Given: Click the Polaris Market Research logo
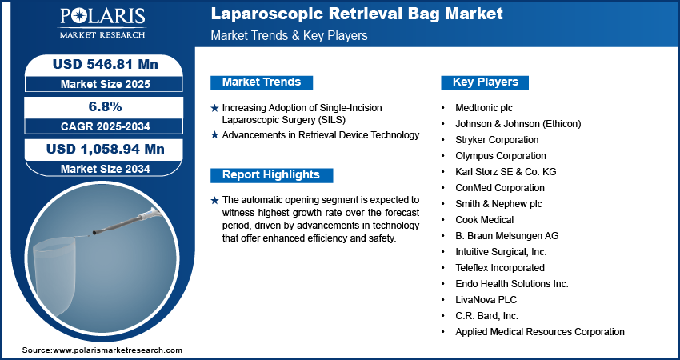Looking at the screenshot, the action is (102, 23).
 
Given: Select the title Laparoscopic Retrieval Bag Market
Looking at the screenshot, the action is (357, 14).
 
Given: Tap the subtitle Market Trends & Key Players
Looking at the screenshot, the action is (289, 35).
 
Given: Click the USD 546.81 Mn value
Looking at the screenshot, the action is (106, 64).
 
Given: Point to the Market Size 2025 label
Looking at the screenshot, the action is (106, 84).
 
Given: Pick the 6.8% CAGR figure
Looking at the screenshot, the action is (106, 106).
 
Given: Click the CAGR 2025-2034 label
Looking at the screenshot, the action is (106, 126).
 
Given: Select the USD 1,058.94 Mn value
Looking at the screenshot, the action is (106, 150).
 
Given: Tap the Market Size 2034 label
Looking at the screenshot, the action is (106, 169).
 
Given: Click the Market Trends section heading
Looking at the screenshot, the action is (262, 82).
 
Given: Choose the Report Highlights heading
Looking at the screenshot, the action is (271, 175).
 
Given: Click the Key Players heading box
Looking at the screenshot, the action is (485, 82).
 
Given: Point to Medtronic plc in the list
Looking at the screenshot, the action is (484, 107).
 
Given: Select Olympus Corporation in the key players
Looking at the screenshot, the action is (501, 156).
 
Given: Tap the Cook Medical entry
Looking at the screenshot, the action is (485, 220).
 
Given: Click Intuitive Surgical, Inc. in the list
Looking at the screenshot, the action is (501, 252).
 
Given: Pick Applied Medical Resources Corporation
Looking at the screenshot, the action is (540, 332).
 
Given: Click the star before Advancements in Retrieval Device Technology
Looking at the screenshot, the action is (214, 135).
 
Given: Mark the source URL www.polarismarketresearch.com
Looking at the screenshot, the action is (118, 350).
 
